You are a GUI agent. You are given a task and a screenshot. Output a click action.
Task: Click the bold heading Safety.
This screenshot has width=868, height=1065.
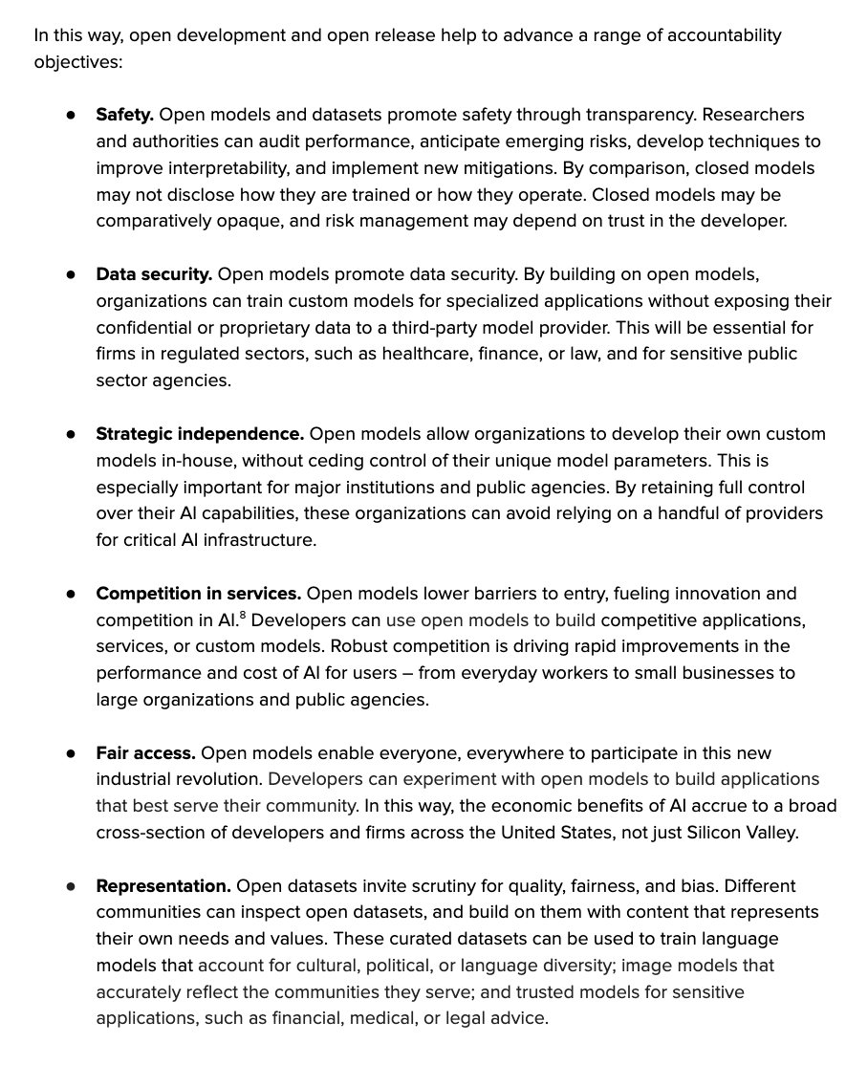pyautogui.click(x=124, y=115)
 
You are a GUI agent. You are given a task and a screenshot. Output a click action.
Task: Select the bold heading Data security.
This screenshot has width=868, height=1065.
pyautogui.click(x=154, y=274)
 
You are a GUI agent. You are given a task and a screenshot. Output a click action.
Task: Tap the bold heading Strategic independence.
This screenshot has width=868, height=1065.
pyautogui.click(x=200, y=434)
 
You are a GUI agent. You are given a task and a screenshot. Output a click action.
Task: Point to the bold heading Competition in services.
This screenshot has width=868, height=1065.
pyautogui.click(x=198, y=594)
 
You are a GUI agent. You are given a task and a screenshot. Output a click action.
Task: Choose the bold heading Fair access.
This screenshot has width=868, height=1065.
pyautogui.click(x=145, y=753)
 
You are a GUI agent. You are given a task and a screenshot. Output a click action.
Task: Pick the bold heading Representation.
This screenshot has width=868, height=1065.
pyautogui.click(x=163, y=886)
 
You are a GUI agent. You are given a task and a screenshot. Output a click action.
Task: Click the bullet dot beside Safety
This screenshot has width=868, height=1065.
pyautogui.click(x=71, y=115)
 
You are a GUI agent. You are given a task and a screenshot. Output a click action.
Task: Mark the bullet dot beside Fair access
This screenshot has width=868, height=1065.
pyautogui.click(x=71, y=753)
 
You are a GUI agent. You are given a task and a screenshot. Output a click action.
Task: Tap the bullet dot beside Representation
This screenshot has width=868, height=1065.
pyautogui.click(x=71, y=886)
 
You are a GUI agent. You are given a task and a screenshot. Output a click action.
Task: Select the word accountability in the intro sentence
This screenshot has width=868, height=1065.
pyautogui.click(x=716, y=35)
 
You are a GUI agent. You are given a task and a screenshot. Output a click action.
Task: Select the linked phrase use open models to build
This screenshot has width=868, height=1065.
pyautogui.click(x=491, y=620)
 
